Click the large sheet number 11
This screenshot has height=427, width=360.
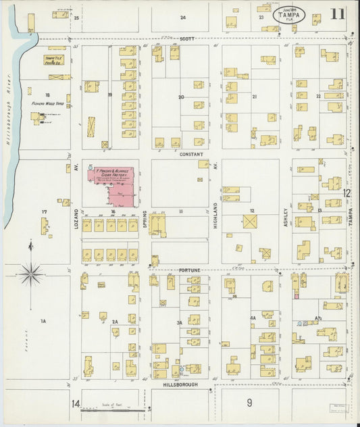pyautogui.click(x=337, y=14)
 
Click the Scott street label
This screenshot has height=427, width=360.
pyautogui.click(x=187, y=39)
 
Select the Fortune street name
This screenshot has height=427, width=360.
pyautogui.click(x=190, y=270)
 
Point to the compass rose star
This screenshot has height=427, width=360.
pyautogui.click(x=30, y=274)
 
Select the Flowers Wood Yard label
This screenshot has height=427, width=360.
pyautogui.click(x=49, y=103)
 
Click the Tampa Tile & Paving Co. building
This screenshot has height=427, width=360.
pyautogui.click(x=54, y=60)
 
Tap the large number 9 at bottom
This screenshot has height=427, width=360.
pyautogui.click(x=249, y=403)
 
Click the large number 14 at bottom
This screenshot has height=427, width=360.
pyautogui.click(x=76, y=403)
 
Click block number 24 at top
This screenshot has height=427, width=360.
pyautogui.click(x=182, y=17)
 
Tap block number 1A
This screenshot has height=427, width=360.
pyautogui.click(x=43, y=321)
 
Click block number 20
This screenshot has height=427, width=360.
pyautogui.click(x=180, y=97)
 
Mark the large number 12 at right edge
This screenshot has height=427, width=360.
pyautogui.click(x=346, y=193)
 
